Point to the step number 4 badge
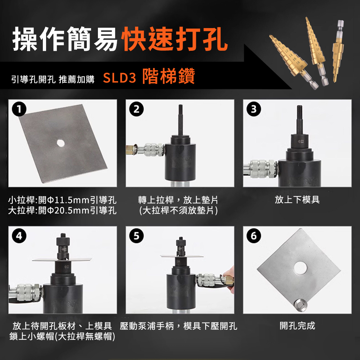pyautogui.click(x=19, y=236)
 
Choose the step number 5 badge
pyautogui.click(x=136, y=236)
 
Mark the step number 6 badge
pyautogui.click(x=254, y=236)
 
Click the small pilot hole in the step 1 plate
pyautogui.click(x=60, y=143)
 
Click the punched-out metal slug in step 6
pyautogui.click(x=301, y=305)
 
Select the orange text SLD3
pyautogui.click(x=120, y=78)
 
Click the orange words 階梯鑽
pyautogui.click(x=168, y=76)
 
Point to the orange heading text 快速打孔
pyautogui.click(x=176, y=39)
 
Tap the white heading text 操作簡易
pyautogui.click(x=65, y=39)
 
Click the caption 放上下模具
pyautogui.click(x=297, y=199)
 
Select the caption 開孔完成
pyautogui.click(x=297, y=325)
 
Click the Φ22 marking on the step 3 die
pyautogui.click(x=301, y=141)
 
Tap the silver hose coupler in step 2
pyautogui.click(x=152, y=150)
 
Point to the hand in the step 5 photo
pyautogui.click(x=229, y=279)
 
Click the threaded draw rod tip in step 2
pyautogui.click(x=181, y=108)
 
